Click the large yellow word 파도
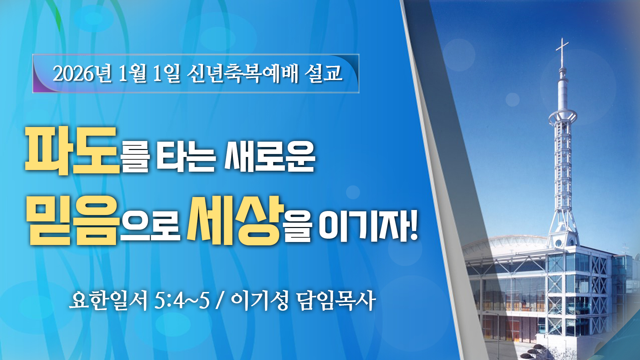(72, 151)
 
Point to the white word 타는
(186, 156)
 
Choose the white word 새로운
(270, 156)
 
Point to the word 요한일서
(108, 300)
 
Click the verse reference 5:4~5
(182, 300)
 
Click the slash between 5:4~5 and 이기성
(219, 300)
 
